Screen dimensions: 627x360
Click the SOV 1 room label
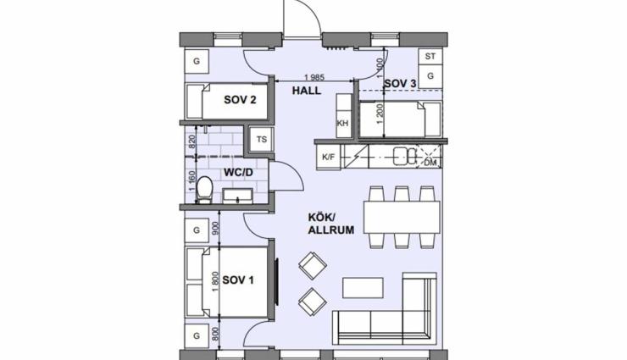(238, 280)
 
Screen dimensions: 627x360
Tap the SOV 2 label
(240, 99)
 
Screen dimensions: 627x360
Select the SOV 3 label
(400, 84)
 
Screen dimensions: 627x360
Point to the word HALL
(307, 91)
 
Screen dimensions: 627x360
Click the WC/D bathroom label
(238, 173)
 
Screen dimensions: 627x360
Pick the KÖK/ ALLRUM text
(331, 224)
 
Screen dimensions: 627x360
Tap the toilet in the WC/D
(205, 189)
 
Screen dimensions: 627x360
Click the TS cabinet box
(262, 140)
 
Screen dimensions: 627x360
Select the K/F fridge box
(328, 157)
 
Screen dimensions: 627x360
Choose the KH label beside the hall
(342, 123)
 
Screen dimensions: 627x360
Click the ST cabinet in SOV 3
(430, 57)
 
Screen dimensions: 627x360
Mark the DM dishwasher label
(430, 163)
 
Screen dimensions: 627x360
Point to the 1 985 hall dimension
(314, 78)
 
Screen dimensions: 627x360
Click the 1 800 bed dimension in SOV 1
(215, 282)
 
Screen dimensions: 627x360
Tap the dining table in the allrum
(402, 218)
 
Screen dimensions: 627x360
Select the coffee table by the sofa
(363, 288)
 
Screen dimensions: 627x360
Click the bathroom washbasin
(237, 196)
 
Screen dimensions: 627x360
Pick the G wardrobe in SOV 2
(197, 62)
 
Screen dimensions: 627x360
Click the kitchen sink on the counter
(405, 156)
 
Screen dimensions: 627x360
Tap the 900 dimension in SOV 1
(215, 229)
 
